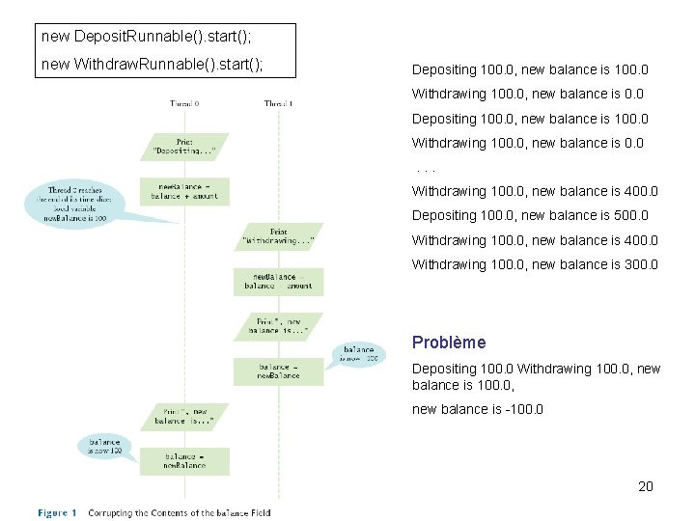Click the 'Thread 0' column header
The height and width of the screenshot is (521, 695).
184,103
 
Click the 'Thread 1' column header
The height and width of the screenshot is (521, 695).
278,103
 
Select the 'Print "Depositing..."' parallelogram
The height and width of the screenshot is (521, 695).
184,146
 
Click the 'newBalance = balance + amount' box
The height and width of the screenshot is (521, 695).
184,190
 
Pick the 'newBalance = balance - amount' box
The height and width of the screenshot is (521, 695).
278,281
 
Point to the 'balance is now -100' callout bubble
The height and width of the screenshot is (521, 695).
358,353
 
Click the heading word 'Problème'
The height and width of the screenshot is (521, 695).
448,343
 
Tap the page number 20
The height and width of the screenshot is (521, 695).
646,486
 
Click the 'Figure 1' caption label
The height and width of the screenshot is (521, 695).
57,512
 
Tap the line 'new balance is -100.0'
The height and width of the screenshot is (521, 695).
477,409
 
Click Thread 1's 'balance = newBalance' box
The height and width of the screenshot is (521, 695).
278,370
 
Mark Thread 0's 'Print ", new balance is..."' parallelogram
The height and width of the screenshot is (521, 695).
184,416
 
